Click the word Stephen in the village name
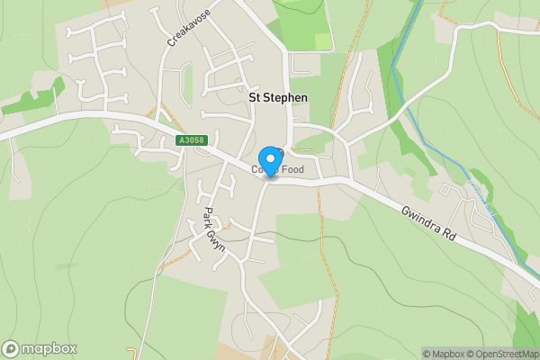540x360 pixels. pos(285,97)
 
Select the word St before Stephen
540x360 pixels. pos(254,97)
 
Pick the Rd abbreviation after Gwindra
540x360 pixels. pos(458,233)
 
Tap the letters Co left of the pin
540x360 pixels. pos(256,170)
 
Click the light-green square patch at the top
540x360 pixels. pos(323,41)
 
